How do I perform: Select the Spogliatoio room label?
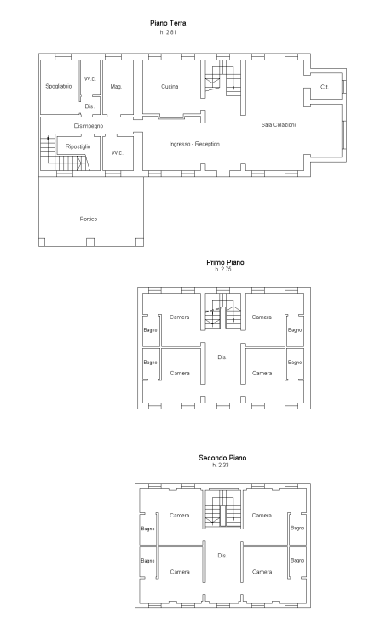tap(58, 87)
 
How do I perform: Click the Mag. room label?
tap(117, 87)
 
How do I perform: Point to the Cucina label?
tap(170, 87)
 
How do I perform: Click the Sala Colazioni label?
tap(278, 125)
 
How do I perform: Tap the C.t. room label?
tap(324, 87)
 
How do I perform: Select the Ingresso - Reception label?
tap(194, 144)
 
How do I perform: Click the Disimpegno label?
tap(88, 125)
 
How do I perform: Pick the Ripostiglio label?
tap(78, 147)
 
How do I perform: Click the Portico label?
tap(89, 219)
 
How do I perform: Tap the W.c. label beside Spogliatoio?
tap(89, 79)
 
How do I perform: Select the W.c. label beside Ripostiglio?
tap(117, 153)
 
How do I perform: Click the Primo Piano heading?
tap(225, 262)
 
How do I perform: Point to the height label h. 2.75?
tap(225, 270)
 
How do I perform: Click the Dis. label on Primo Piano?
tap(222, 357)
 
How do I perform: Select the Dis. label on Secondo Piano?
tap(222, 555)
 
